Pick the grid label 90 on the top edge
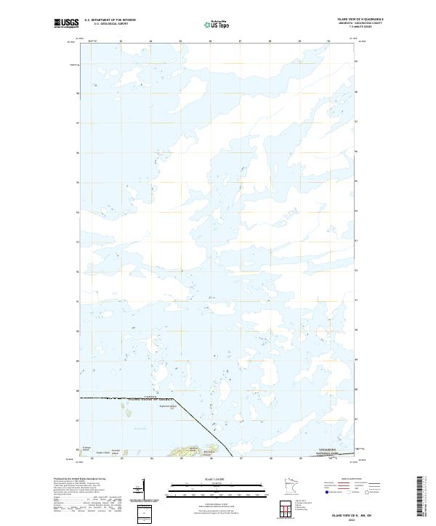(328, 41)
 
